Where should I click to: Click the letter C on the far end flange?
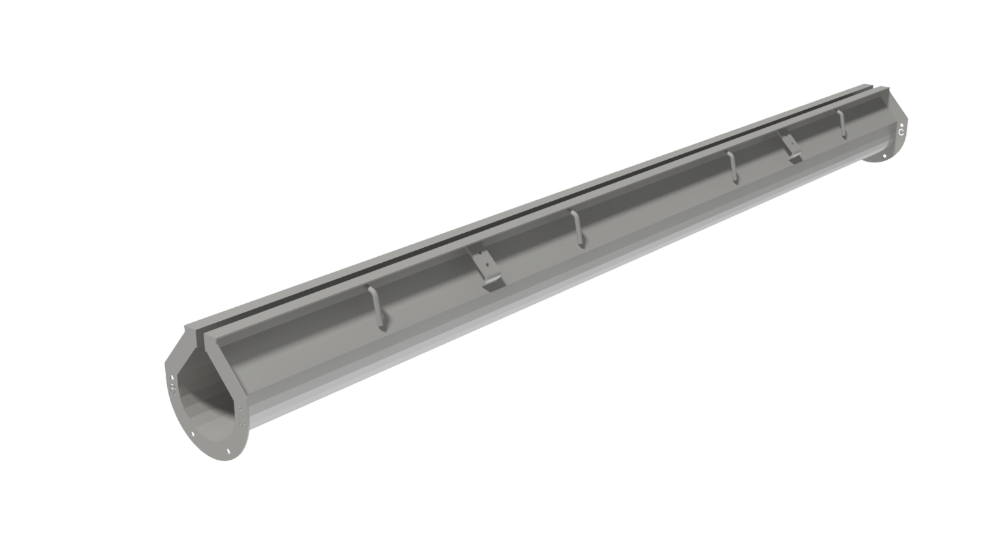point(901,132)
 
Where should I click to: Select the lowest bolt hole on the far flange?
point(884,157)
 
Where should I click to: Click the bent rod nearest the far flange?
point(841,123)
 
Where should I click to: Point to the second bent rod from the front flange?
point(576,228)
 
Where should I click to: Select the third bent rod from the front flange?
point(732,166)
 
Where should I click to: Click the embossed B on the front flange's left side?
point(174,390)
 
